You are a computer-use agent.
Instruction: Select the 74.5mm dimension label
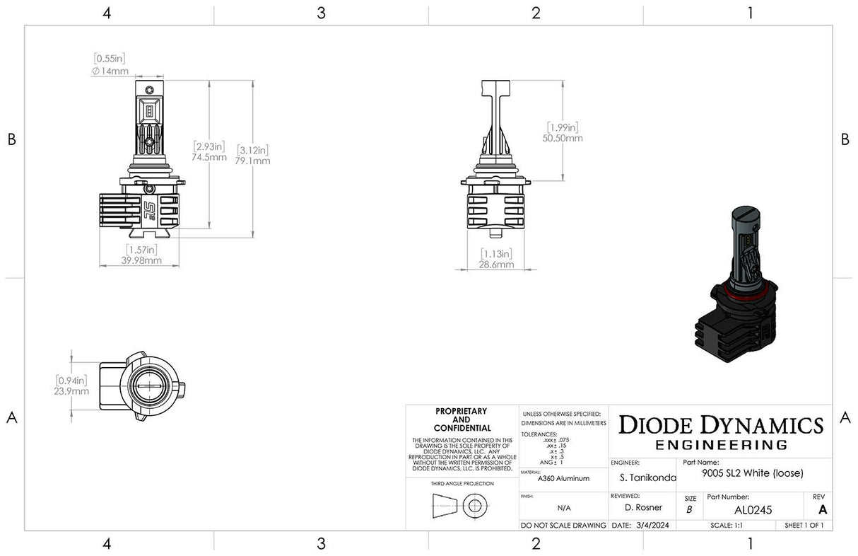pyautogui.click(x=210, y=157)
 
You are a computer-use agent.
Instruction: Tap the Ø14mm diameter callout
pyautogui.click(x=110, y=71)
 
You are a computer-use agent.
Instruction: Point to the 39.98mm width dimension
pyautogui.click(x=141, y=260)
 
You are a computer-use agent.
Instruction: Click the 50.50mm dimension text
pyautogui.click(x=563, y=138)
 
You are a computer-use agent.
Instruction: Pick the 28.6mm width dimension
pyautogui.click(x=496, y=265)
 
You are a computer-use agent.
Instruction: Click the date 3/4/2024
pyautogui.click(x=650, y=526)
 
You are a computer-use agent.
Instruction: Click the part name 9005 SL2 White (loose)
pyautogui.click(x=753, y=473)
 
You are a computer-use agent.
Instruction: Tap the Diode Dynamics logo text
pyautogui.click(x=721, y=425)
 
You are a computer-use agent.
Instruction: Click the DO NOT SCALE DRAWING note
pyautogui.click(x=563, y=526)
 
